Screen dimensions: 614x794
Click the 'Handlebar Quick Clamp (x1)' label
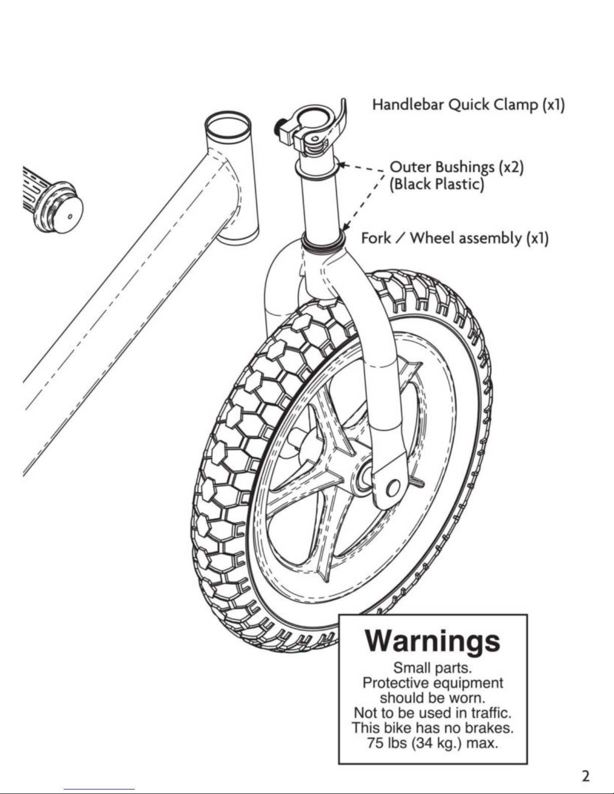tap(469, 105)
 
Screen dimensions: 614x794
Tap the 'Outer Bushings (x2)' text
tap(457, 167)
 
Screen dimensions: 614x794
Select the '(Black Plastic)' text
tap(437, 184)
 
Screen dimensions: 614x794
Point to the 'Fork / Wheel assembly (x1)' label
tap(455, 238)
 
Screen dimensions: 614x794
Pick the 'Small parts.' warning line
tap(433, 668)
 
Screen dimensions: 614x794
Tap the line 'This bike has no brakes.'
tap(433, 728)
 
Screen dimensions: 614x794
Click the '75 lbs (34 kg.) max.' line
tap(433, 743)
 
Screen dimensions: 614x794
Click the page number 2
tap(585, 776)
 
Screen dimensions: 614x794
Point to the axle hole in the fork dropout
tap(393, 488)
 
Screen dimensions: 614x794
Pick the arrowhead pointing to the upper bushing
tap(342, 165)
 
